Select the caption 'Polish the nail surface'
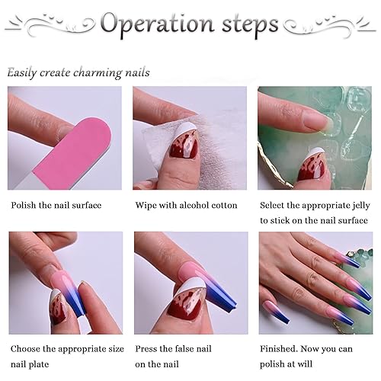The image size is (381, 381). coord(56,205)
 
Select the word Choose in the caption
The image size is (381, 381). coord(27,348)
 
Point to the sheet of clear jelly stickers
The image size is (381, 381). coord(343,122)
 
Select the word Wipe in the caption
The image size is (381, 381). coord(147,205)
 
